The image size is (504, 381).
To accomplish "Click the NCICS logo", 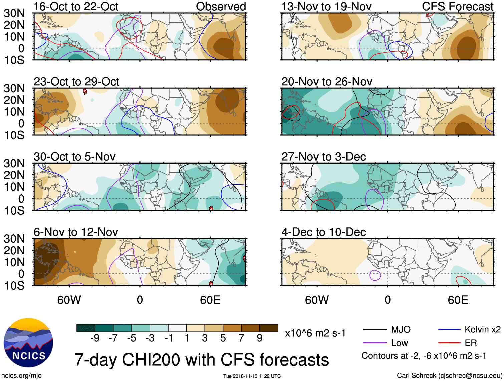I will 28,343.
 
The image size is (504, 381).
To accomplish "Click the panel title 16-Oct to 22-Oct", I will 76,6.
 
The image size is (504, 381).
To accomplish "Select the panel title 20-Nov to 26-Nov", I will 327,82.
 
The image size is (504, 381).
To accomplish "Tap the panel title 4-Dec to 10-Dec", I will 324,232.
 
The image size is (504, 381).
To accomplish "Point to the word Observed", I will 221,6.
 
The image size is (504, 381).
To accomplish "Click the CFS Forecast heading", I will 457,6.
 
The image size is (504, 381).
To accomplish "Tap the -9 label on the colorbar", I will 95,338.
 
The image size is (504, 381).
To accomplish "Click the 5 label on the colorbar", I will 223,338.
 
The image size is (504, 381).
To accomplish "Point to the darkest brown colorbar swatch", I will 269,328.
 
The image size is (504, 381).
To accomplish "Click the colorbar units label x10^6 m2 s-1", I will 315,333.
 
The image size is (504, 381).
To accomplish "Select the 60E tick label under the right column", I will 458,300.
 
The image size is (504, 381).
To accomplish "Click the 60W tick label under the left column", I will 69,300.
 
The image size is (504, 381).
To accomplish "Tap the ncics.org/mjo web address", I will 21,376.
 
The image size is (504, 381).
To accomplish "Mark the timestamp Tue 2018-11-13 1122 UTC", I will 252,376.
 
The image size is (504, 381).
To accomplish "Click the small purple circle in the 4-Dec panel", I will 375,275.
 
